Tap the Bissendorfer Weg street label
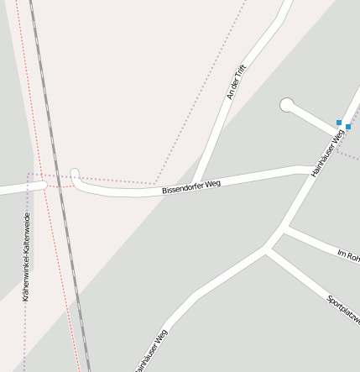point(191,186)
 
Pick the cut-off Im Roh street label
point(348,254)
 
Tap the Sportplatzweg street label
point(343,310)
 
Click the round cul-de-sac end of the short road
point(287,105)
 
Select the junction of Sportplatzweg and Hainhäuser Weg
point(269,249)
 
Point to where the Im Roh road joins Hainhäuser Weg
point(285,228)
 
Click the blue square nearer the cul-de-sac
point(339,123)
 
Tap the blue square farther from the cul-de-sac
point(348,127)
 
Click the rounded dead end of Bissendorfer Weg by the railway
point(75,175)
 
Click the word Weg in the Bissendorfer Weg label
point(212,182)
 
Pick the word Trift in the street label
point(241,73)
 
